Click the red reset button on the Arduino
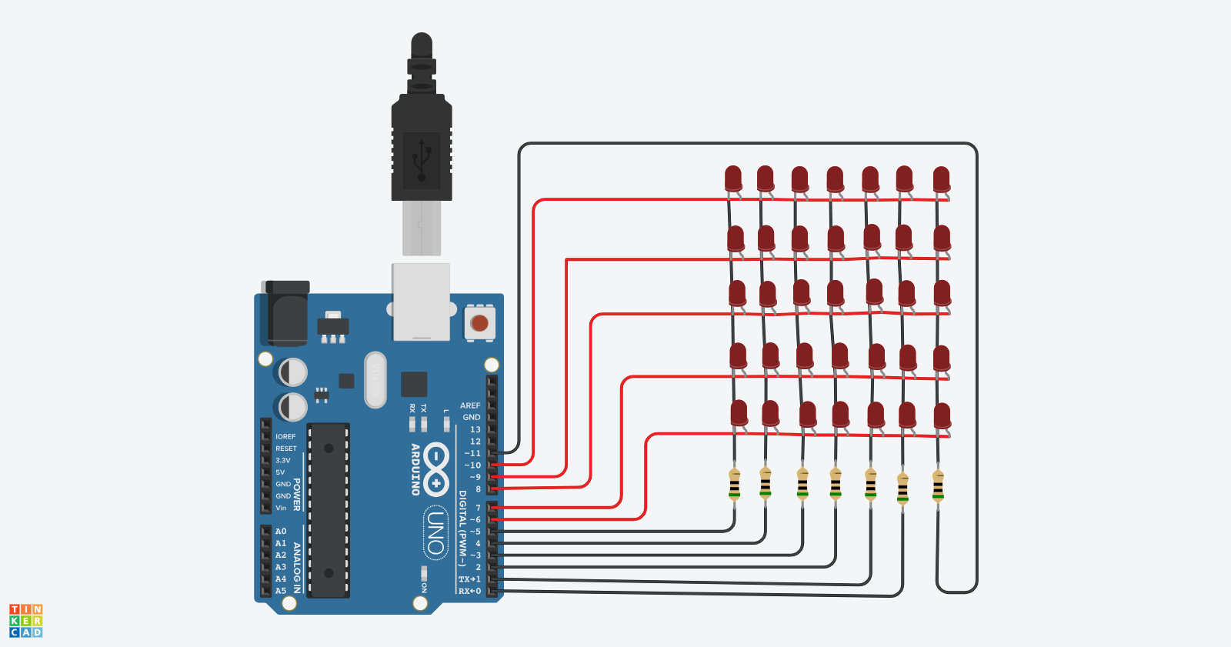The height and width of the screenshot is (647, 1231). coord(479,322)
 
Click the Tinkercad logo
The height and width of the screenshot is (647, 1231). coord(26,620)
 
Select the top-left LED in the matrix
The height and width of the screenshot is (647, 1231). coord(733,179)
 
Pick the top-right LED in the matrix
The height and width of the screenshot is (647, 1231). coord(941,179)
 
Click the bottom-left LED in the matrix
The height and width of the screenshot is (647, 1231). coord(739,413)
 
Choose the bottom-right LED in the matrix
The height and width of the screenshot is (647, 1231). coord(942,415)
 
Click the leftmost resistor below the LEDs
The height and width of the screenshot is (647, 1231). coord(734,485)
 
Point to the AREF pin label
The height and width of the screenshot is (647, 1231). coord(469,405)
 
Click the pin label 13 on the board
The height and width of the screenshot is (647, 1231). coord(475,430)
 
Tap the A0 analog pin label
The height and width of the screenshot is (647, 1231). coord(281,532)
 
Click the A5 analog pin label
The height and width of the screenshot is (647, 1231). coord(281,591)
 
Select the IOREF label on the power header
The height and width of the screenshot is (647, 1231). coord(285,436)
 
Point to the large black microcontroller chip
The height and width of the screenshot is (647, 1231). coord(329,509)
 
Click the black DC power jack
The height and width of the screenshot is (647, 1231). coord(285,313)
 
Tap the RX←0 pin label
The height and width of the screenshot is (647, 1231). coord(469,591)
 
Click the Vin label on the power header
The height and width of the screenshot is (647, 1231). coord(281,508)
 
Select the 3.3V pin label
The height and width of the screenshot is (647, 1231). coord(283,460)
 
